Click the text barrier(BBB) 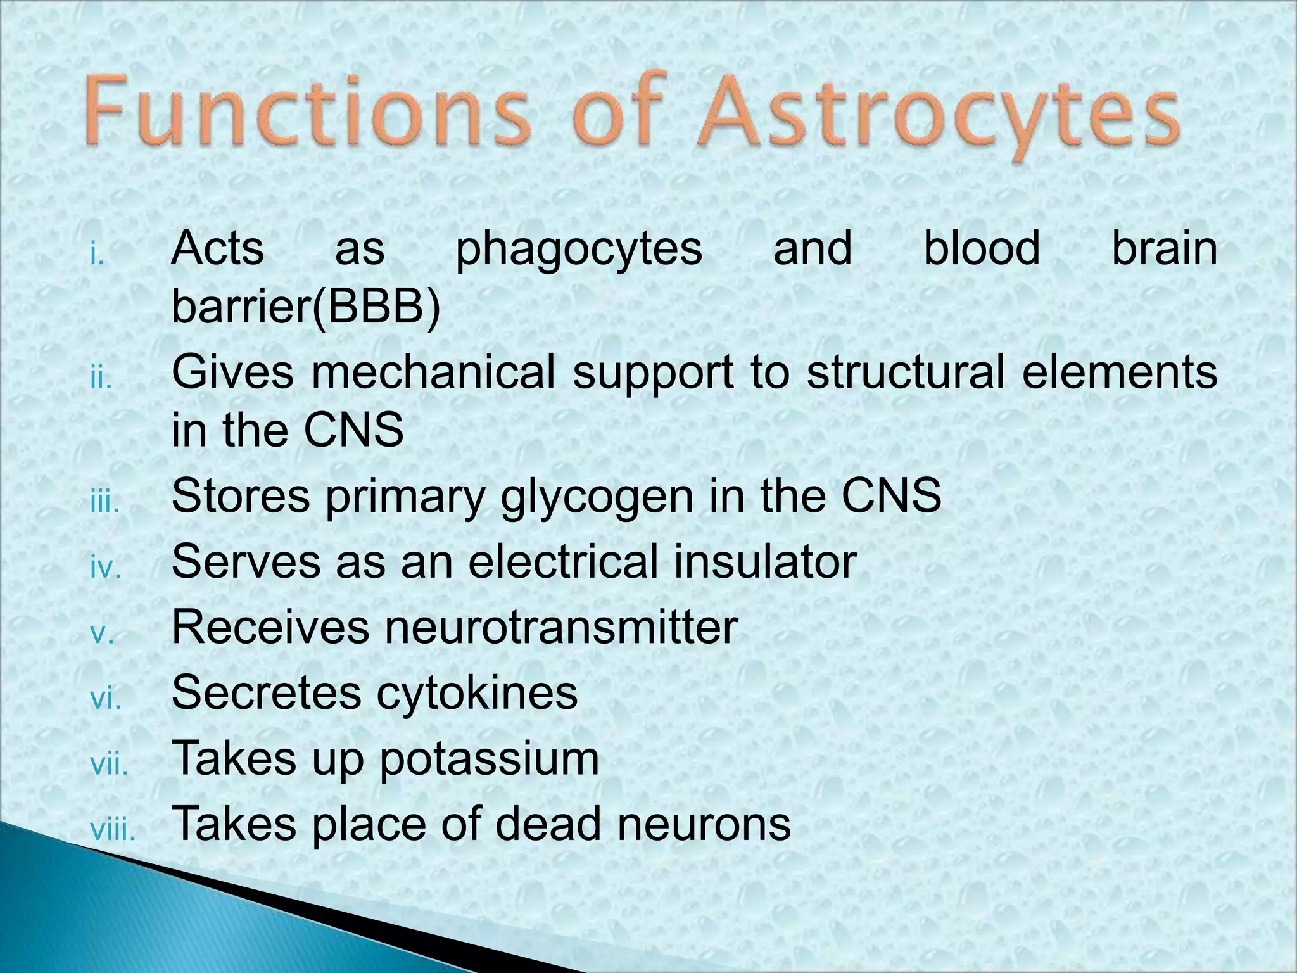pyautogui.click(x=306, y=308)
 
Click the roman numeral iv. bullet pyautogui.click(x=105, y=568)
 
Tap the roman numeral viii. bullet pyautogui.click(x=113, y=830)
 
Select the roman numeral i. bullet pyautogui.click(x=97, y=256)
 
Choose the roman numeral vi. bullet pyautogui.click(x=105, y=699)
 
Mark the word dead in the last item pyautogui.click(x=548, y=824)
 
